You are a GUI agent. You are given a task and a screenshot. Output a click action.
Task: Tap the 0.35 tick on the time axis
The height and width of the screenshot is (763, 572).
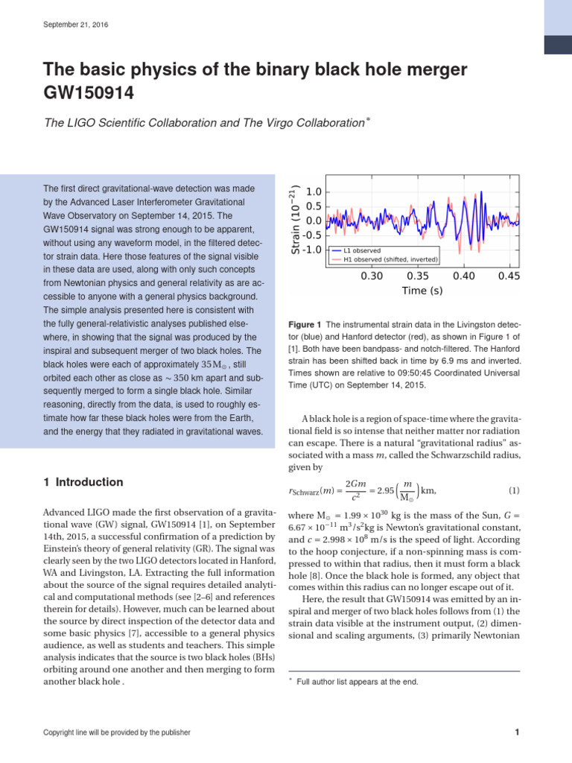point(417,276)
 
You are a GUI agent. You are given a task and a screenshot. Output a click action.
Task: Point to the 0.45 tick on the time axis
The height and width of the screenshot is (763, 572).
point(509,276)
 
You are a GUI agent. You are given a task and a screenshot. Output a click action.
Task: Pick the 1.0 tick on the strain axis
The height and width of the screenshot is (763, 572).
point(313,192)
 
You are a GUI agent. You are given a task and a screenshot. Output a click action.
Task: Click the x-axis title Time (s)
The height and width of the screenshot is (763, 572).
point(422,291)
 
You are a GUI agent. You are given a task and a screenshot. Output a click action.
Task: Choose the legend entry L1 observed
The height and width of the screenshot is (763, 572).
point(362,250)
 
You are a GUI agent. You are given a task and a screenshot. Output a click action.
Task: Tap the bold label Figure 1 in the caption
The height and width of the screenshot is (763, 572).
point(304,325)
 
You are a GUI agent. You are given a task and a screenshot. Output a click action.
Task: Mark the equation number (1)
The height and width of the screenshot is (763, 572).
point(513,490)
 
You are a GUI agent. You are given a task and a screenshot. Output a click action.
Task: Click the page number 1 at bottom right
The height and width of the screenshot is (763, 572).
point(517,732)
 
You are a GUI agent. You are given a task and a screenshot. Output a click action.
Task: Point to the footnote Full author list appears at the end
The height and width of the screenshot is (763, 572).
point(357,682)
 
